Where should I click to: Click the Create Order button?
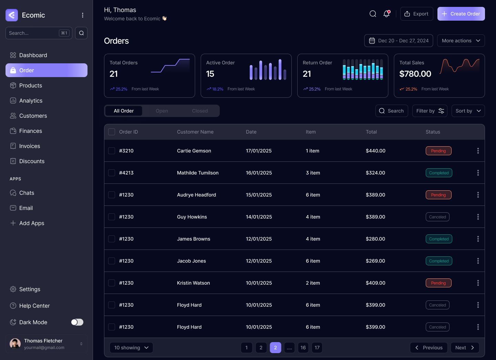tap(461, 14)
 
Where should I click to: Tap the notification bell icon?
tap(386, 14)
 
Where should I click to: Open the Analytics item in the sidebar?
tap(31, 100)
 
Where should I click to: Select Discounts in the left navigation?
tap(32, 161)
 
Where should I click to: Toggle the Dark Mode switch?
tap(77, 322)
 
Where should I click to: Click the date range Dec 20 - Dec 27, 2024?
tap(399, 41)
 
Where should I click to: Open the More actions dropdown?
tap(461, 41)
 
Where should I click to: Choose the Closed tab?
tap(200, 111)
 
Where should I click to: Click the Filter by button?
tap(430, 111)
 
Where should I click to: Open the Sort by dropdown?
tap(468, 111)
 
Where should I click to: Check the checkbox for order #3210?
tap(112, 151)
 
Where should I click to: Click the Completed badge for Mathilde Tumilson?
tap(438, 173)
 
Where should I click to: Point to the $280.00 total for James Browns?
tap(375, 239)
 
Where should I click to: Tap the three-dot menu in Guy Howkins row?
tap(478, 217)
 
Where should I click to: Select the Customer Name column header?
tap(195, 132)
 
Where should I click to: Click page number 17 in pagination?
tap(317, 348)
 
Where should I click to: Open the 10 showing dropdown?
tap(131, 348)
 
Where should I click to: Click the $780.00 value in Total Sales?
tap(415, 74)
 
